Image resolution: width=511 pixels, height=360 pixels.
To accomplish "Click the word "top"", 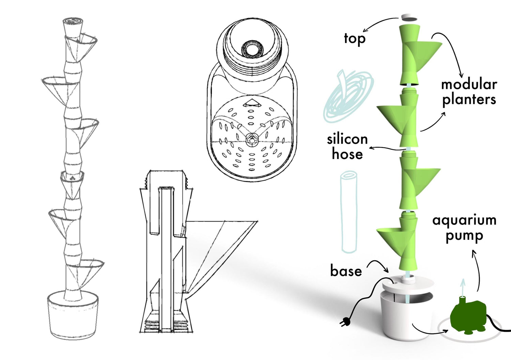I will pyautogui.click(x=355, y=38).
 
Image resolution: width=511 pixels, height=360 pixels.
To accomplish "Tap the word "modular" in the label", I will pyautogui.click(x=469, y=84).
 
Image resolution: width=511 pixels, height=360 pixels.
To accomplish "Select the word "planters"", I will pyautogui.click(x=469, y=100).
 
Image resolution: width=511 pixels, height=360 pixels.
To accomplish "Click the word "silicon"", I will pyautogui.click(x=347, y=139).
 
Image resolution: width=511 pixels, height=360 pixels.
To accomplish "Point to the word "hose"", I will pyautogui.click(x=347, y=154).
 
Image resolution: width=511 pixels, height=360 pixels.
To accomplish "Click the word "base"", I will pyautogui.click(x=346, y=271).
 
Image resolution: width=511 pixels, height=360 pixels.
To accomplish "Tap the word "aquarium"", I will pyautogui.click(x=464, y=220).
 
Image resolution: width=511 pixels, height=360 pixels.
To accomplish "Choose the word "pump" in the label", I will pyautogui.click(x=464, y=236).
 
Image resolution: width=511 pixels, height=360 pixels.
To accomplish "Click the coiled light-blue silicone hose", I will pyautogui.click(x=348, y=95).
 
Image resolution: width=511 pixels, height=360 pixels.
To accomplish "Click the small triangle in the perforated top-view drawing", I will pyautogui.click(x=251, y=103).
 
